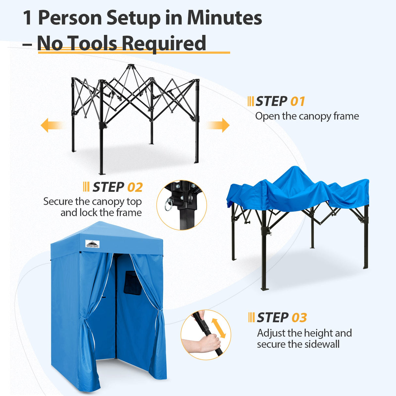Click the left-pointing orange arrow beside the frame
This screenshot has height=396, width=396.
tap(49, 125)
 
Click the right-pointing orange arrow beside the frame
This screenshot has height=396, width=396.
tap(221, 125)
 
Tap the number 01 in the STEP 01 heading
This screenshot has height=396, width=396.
tap(297, 101)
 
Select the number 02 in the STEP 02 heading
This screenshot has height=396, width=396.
tap(135, 188)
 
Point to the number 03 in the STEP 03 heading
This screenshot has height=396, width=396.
tap(299, 318)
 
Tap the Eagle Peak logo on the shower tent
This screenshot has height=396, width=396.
tap(92, 244)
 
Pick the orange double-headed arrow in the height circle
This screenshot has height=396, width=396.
tap(219, 328)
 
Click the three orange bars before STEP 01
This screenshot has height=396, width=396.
tap(251, 101)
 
